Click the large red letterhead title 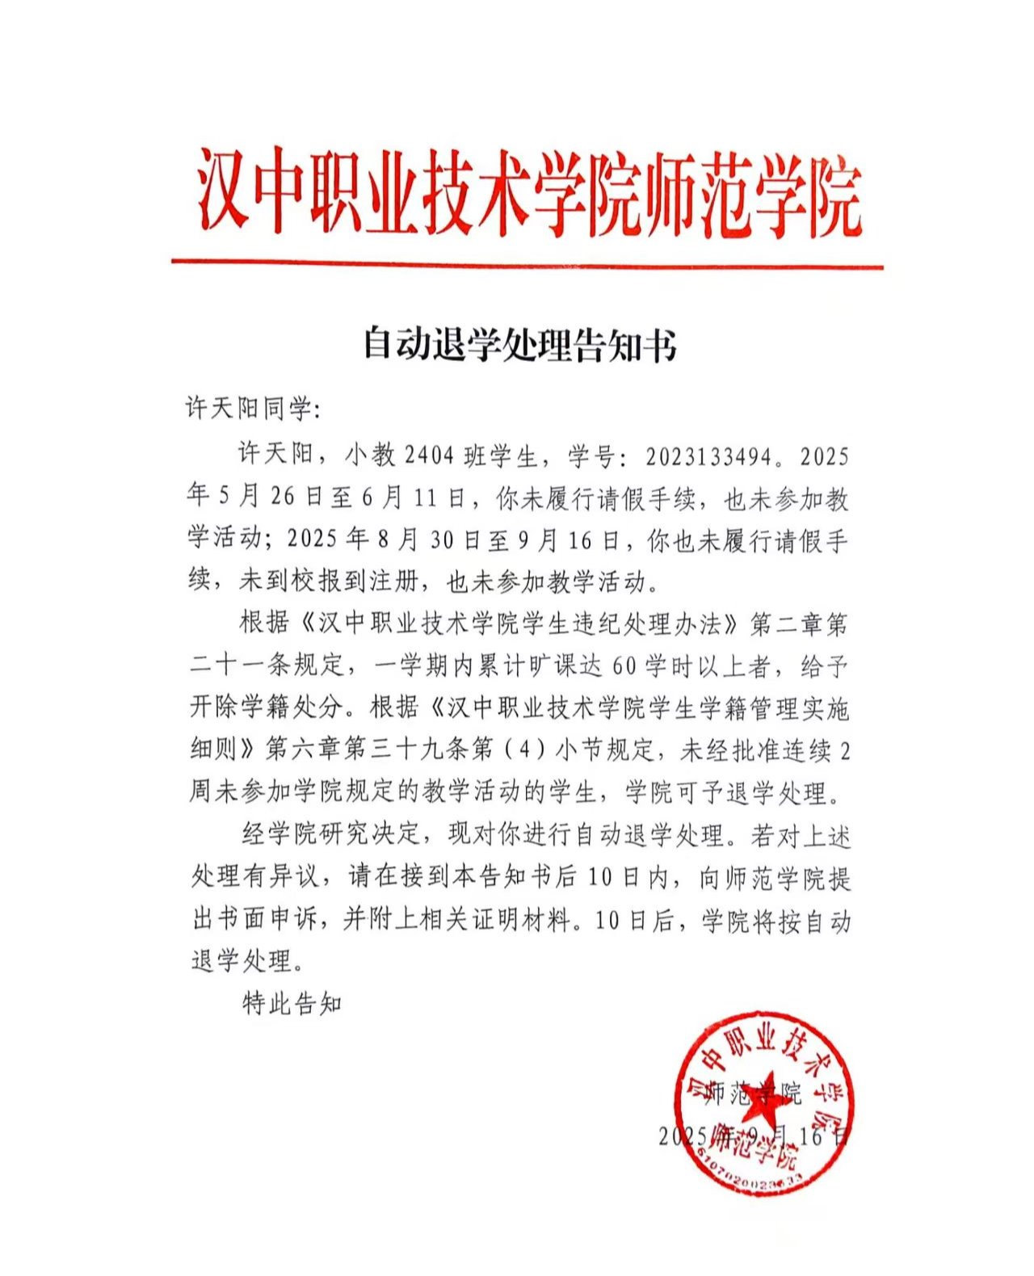coord(529,194)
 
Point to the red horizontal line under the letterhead coord(527,263)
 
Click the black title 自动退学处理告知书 coord(519,344)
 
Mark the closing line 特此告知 coord(292,1004)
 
